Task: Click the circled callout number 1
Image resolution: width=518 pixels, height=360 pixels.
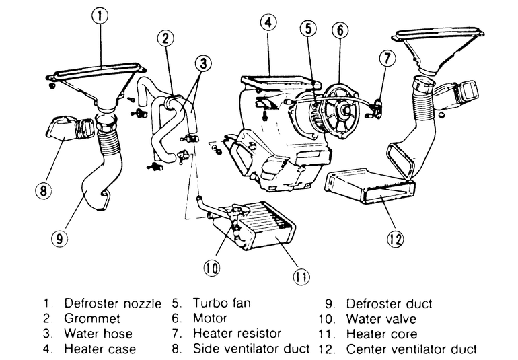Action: click(x=100, y=15)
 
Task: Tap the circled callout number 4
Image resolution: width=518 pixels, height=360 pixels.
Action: click(x=268, y=22)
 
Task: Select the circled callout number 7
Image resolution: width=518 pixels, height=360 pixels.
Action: click(x=387, y=59)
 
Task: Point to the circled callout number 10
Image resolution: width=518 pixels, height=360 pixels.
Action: click(x=211, y=267)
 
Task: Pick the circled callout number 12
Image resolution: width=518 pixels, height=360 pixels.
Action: click(x=396, y=239)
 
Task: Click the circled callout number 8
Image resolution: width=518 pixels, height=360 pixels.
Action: click(x=44, y=190)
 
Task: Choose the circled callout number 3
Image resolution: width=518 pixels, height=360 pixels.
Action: click(x=203, y=63)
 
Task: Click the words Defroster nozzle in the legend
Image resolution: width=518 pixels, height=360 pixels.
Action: click(x=112, y=303)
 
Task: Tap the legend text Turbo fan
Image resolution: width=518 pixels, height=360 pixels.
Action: click(x=222, y=303)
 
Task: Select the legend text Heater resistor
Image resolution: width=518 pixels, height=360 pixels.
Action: click(x=237, y=333)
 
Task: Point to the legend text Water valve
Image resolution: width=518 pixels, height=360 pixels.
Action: click(x=381, y=319)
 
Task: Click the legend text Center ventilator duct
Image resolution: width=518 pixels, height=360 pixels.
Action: click(x=411, y=349)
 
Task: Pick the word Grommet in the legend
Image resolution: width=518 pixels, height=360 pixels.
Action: click(x=92, y=318)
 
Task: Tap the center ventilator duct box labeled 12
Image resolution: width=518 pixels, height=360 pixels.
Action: click(x=370, y=187)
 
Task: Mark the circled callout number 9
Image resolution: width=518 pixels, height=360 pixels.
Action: click(x=59, y=238)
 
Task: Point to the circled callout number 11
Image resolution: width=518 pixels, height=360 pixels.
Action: click(x=301, y=277)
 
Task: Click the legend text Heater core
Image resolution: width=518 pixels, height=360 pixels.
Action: click(x=381, y=334)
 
